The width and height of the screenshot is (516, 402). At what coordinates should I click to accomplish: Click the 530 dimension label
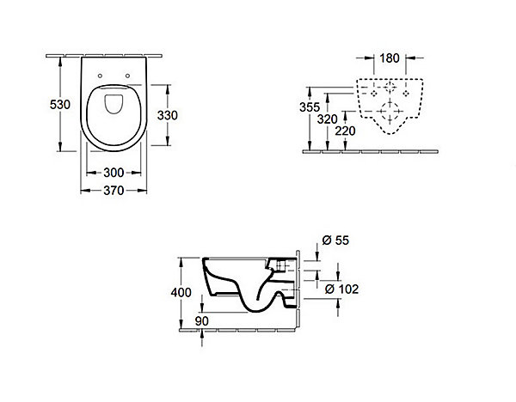click(60, 105)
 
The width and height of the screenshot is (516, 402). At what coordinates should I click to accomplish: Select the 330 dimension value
click(167, 115)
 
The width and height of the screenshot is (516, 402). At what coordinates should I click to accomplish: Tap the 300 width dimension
click(114, 173)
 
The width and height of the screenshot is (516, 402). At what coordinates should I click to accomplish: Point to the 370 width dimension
click(114, 191)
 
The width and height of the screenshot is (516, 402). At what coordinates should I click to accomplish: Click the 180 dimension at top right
click(390, 58)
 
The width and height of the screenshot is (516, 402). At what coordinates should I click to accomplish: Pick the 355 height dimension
click(310, 107)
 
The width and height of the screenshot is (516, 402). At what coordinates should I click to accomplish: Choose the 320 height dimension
click(327, 119)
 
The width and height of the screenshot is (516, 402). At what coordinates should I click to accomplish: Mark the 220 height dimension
click(345, 131)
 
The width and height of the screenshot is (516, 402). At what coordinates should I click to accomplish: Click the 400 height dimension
click(181, 292)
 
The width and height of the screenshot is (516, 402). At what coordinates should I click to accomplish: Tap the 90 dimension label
click(202, 321)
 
